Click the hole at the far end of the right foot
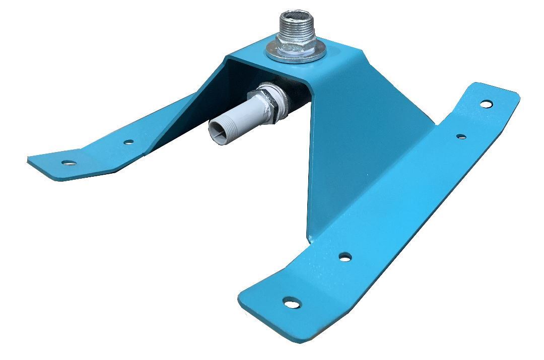[x=486, y=104]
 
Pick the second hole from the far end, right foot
[x=461, y=136]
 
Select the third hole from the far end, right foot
[x=345, y=257]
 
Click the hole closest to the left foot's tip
[x=69, y=163]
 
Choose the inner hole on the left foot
[x=129, y=142]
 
